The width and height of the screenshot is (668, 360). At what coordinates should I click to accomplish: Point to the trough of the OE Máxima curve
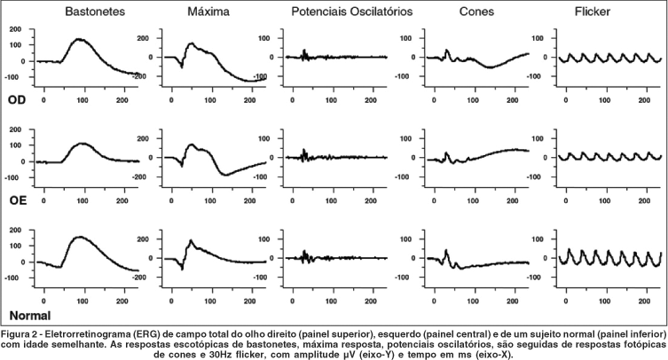pyautogui.click(x=225, y=174)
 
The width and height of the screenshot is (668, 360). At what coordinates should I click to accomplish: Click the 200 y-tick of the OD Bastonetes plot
pyautogui.click(x=16, y=29)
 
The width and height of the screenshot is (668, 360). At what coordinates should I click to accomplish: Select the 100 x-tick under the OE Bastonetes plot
pyautogui.click(x=83, y=192)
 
